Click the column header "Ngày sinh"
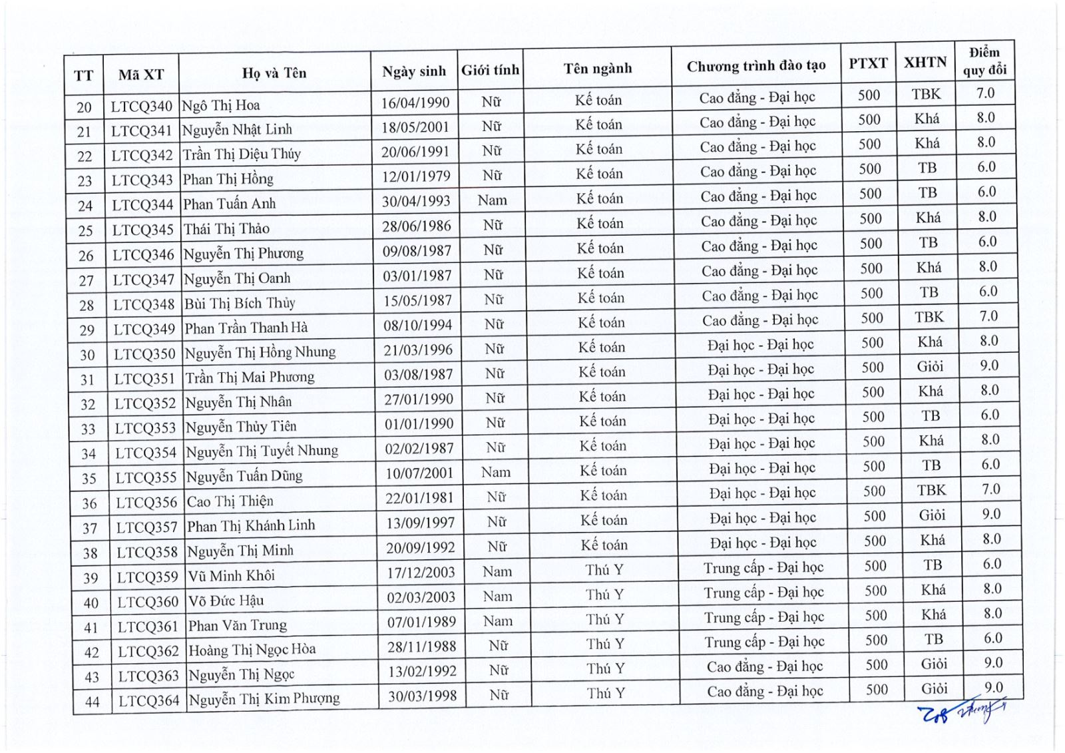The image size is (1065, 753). [x=413, y=71]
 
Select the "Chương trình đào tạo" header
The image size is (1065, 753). [x=756, y=66]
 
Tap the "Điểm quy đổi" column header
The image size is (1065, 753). [x=984, y=61]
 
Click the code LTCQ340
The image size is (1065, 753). [x=141, y=106]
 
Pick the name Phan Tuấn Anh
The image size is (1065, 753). [x=229, y=204]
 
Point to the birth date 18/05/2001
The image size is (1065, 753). [x=415, y=127]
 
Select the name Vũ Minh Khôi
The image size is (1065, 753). [x=230, y=575]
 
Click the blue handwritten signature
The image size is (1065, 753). [x=962, y=711]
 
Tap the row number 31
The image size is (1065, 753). [x=87, y=379]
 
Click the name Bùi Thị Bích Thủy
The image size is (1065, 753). [x=239, y=303]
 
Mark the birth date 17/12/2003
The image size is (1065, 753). [x=421, y=573]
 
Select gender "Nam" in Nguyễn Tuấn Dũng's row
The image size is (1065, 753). [x=496, y=472]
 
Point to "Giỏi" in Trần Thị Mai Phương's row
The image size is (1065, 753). [x=930, y=366]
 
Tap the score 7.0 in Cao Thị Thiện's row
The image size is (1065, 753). [x=990, y=489]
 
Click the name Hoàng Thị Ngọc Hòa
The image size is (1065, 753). [x=252, y=649]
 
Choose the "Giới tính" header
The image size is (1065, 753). [x=490, y=70]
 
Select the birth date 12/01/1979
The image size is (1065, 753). [x=415, y=176]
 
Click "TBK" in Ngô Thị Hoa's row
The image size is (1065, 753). [x=926, y=94]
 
